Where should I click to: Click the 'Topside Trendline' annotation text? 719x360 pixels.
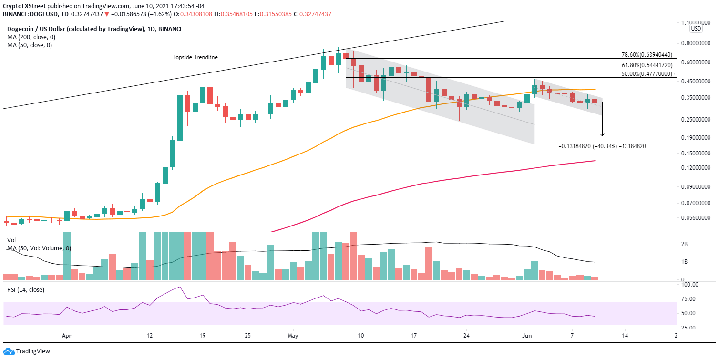[195, 57]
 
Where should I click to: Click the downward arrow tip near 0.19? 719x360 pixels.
[603, 135]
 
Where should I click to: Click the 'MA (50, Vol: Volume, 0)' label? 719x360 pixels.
[39, 248]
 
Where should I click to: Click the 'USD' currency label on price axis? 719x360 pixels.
[696, 29]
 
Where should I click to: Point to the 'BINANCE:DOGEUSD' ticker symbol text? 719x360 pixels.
[29, 14]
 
